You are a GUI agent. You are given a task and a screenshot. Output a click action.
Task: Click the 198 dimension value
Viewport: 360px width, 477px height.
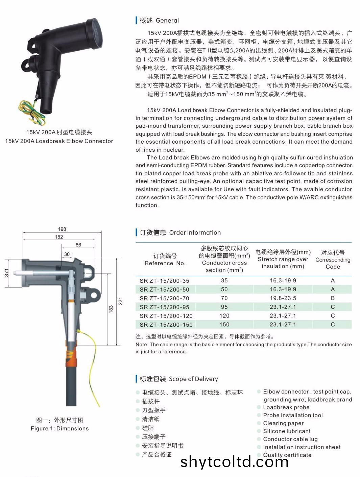point(62,229)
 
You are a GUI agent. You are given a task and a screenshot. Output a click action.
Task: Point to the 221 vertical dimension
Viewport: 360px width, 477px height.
point(120,301)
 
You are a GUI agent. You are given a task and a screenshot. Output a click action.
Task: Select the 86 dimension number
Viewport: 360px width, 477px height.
point(78,245)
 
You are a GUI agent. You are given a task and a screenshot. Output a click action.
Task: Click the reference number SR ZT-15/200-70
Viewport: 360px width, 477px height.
point(164,298)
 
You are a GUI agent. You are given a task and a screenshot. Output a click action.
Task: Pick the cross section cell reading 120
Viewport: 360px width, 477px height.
point(224,316)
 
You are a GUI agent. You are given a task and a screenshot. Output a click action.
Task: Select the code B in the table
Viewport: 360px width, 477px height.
point(333,298)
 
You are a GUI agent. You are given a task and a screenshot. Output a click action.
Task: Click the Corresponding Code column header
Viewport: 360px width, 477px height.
point(333,259)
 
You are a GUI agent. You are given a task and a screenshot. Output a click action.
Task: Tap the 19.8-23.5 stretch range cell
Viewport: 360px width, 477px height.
point(283,298)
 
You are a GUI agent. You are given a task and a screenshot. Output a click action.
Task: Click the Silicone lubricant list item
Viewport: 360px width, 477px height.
point(287,431)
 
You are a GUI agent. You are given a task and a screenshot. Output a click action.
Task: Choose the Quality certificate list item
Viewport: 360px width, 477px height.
point(287,455)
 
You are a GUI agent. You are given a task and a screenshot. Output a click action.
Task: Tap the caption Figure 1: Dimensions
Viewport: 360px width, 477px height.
point(59,428)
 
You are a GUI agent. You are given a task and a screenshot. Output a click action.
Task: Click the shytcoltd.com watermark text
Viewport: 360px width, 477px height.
point(234,461)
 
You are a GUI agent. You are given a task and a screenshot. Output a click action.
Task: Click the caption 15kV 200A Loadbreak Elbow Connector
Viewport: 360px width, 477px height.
point(59,141)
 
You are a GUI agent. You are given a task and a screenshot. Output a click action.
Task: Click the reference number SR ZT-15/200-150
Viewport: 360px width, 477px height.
point(166,325)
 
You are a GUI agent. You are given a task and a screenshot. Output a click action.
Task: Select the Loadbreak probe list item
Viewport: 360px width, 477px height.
point(286,407)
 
